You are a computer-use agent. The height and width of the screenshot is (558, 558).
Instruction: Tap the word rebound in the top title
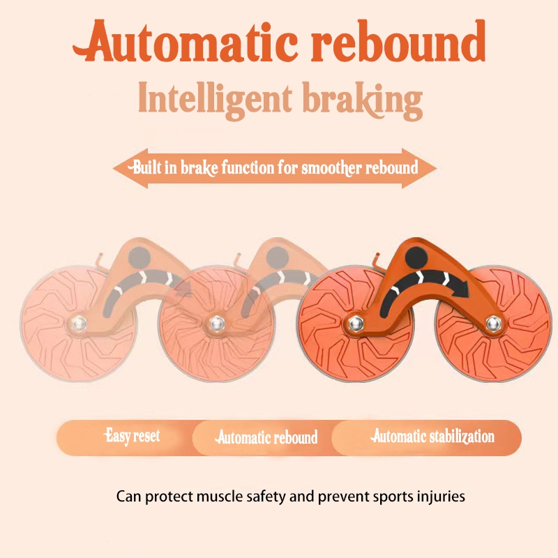399,42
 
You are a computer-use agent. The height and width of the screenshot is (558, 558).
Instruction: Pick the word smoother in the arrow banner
338,168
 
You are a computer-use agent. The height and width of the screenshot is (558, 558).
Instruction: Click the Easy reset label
132,437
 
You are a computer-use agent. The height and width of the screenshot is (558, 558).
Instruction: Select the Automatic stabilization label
432,437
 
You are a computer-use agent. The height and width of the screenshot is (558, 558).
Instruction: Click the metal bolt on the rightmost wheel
495,323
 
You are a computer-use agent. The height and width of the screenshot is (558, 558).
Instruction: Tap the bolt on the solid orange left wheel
355,323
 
